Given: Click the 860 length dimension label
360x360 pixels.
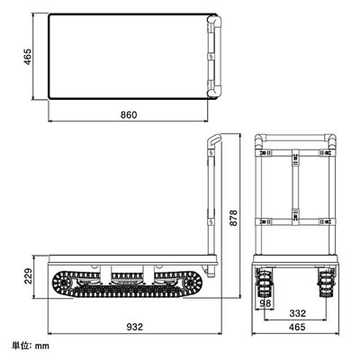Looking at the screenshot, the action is (x=129, y=114).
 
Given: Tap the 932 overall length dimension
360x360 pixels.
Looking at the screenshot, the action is (x=134, y=327).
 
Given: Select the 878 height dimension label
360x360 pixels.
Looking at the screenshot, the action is (x=233, y=218).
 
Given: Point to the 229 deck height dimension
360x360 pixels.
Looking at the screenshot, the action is (x=28, y=276).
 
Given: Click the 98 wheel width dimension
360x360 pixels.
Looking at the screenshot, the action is (x=265, y=303).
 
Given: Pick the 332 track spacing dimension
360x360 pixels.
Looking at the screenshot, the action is (x=297, y=313).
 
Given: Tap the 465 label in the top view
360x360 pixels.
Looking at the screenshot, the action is (x=27, y=57).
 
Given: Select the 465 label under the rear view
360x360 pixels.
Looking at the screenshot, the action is (x=297, y=327).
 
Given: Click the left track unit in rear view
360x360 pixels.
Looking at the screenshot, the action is (x=263, y=283).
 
